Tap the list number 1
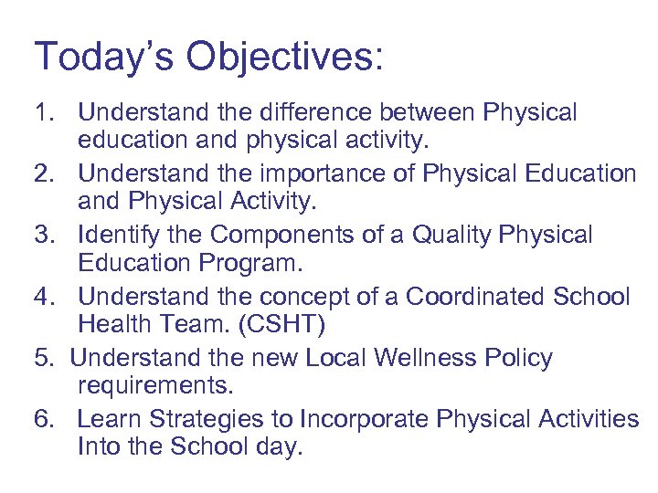coord(43,113)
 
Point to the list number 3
coord(44,236)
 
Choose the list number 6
coord(44,419)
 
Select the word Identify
coord(121,236)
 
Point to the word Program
coord(255,263)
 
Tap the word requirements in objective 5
coord(154,385)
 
